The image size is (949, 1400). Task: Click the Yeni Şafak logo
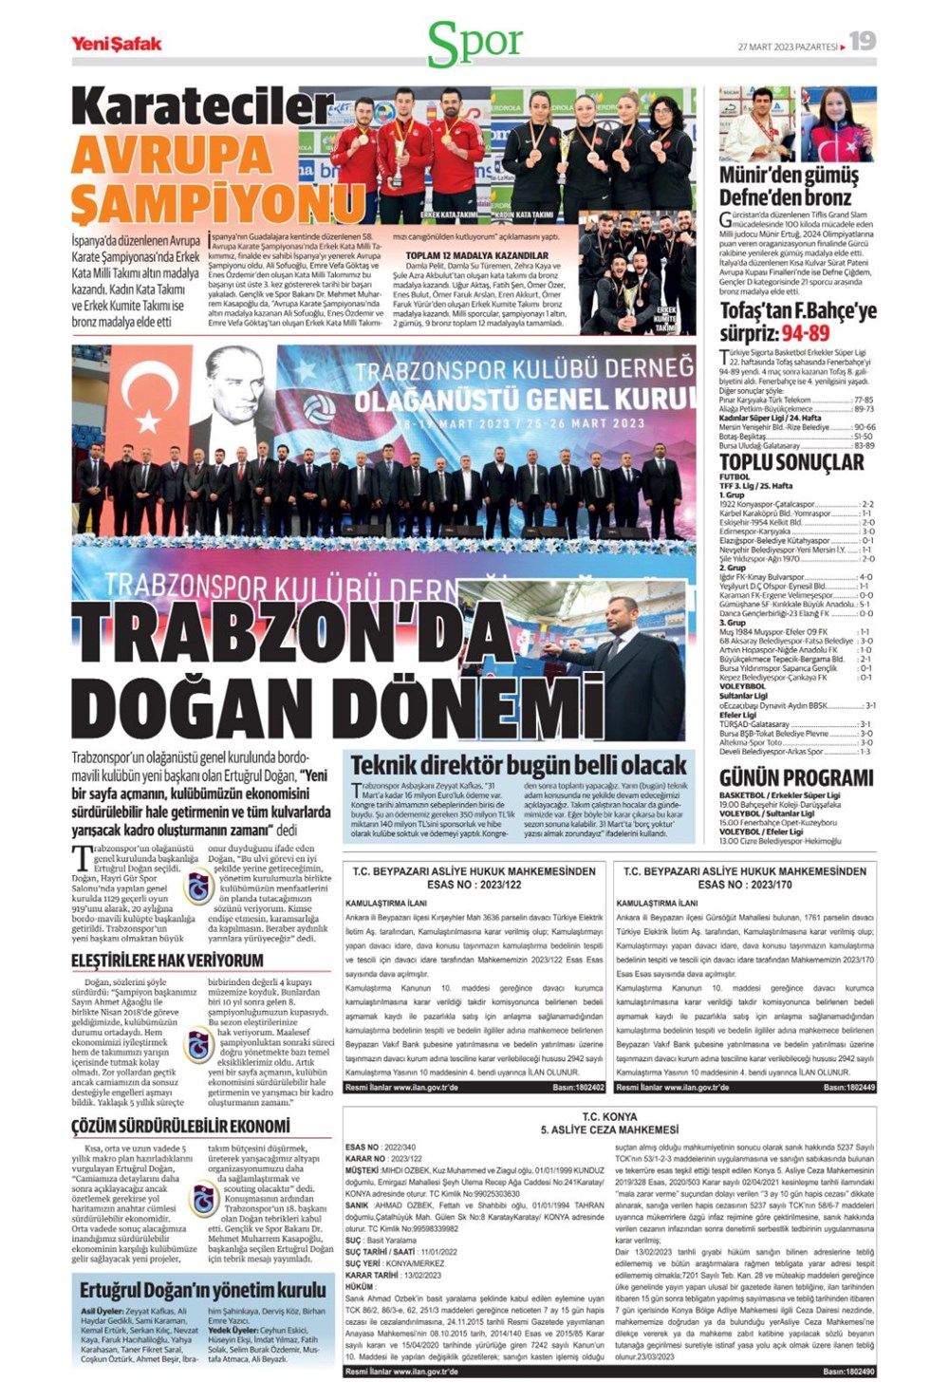117,43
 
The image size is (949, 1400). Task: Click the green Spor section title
474,43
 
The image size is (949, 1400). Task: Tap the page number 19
862,41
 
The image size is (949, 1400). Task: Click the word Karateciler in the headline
202,106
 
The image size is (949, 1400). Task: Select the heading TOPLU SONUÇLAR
791,462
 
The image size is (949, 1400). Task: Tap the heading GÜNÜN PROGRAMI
795,778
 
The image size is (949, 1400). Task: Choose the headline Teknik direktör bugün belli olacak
518,765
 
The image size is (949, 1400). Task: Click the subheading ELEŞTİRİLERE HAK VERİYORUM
167,961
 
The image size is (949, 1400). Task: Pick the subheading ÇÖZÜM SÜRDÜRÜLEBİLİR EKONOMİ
180,1126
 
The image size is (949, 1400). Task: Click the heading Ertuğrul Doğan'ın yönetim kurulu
202,1290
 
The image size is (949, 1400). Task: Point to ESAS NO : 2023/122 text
474,885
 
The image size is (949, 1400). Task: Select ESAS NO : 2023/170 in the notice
745,885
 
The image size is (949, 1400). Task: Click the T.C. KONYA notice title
609,1116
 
